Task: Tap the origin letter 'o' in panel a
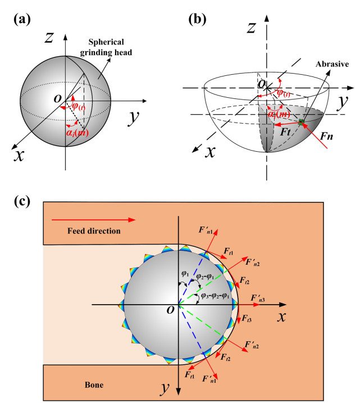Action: [x=57, y=99]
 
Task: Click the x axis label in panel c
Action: [x=282, y=318]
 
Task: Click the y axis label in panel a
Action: [x=133, y=119]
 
